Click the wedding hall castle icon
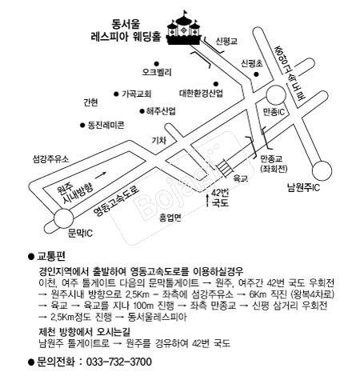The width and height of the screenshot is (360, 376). tap(183, 29)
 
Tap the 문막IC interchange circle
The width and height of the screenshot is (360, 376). tap(63, 218)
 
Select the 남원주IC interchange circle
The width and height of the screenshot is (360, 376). tap(322, 170)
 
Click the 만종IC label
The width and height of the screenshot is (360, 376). tap(274, 112)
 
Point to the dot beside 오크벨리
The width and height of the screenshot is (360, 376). tap(157, 64)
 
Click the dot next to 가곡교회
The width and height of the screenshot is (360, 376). tap(116, 94)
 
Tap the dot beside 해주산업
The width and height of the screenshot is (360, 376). tap(142, 111)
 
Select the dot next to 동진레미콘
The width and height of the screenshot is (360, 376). tap(82, 125)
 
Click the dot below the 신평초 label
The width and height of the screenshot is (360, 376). tap(256, 74)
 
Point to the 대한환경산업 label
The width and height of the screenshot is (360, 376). tap(201, 94)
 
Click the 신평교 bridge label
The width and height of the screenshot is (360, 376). tap(226, 41)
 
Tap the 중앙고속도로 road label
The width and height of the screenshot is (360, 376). tap(290, 74)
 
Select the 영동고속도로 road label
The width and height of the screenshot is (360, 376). tap(117, 201)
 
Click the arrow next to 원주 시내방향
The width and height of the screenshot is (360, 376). tap(101, 175)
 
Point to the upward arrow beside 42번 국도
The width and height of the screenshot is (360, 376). tap(207, 201)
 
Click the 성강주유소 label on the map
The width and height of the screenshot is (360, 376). tap(50, 159)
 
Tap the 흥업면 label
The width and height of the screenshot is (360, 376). tap(170, 218)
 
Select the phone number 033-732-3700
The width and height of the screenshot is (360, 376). tap(119, 362)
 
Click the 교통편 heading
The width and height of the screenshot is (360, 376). tap(51, 256)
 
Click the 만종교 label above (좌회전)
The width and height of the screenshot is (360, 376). tap(271, 160)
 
